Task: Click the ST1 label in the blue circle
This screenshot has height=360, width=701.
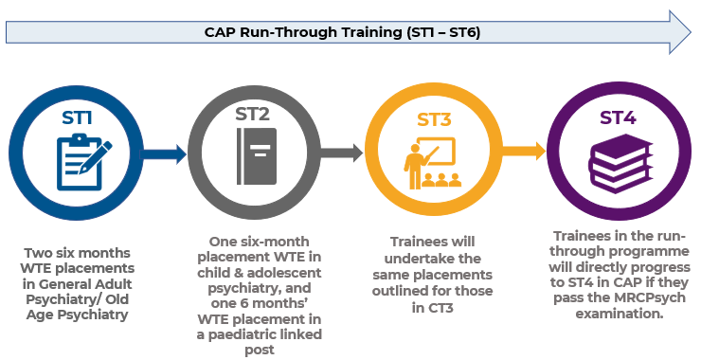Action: click(79, 118)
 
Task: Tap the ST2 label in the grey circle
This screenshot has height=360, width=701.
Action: click(252, 116)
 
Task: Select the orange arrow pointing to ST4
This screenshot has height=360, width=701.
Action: click(526, 151)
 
